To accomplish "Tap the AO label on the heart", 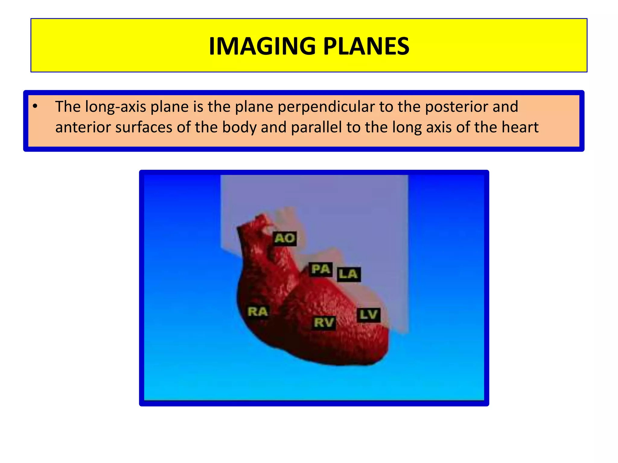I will click(x=285, y=238).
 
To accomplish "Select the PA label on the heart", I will click(x=321, y=269).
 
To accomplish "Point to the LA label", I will click(x=348, y=274).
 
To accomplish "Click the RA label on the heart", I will click(x=258, y=312).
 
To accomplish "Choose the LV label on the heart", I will click(x=368, y=315).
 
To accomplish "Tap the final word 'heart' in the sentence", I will click(x=520, y=127).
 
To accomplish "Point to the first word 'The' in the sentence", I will click(x=68, y=107).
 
